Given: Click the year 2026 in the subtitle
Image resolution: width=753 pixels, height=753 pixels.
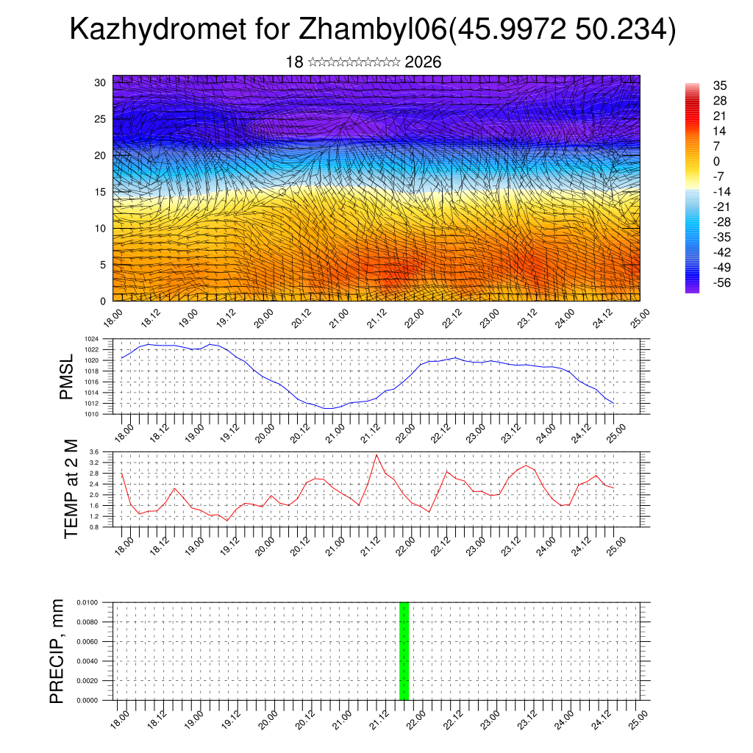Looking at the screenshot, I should (423, 62).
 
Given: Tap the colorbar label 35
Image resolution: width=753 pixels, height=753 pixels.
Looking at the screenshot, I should (720, 86).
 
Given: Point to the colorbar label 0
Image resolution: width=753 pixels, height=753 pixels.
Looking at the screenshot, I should (717, 161).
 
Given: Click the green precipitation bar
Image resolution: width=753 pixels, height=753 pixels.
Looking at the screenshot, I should (404, 651).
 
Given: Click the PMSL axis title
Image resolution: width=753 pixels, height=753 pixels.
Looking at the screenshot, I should (67, 376).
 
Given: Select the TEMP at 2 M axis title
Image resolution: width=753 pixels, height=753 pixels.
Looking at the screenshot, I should (71, 488).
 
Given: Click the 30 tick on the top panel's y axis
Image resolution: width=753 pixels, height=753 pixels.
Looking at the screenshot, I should (100, 82).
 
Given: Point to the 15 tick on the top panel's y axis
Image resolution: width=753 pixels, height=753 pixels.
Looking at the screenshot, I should (100, 192).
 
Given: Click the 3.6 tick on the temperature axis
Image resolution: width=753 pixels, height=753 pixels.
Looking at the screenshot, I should (103, 452).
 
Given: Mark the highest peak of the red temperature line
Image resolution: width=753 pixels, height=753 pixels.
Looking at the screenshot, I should (376, 454).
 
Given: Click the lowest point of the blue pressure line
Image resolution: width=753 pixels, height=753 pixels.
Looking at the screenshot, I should (329, 408).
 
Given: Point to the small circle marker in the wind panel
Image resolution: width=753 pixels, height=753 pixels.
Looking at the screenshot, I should (282, 191).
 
